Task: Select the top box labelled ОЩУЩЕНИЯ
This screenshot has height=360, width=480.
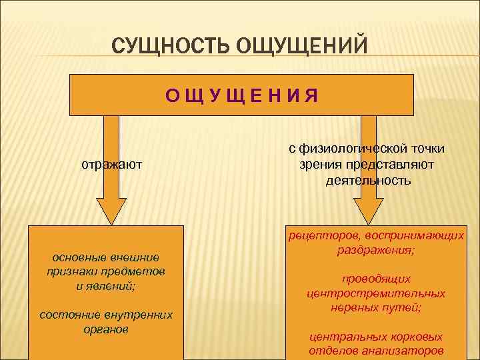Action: pyautogui.click(x=242, y=95)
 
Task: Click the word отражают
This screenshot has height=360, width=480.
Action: pyautogui.click(x=112, y=164)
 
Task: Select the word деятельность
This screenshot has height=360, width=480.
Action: pyautogui.click(x=369, y=181)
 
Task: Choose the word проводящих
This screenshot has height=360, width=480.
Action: pyautogui.click(x=376, y=279)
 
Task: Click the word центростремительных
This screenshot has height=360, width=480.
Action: pyautogui.click(x=376, y=293)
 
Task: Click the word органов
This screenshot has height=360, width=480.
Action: pyautogui.click(x=107, y=329)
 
